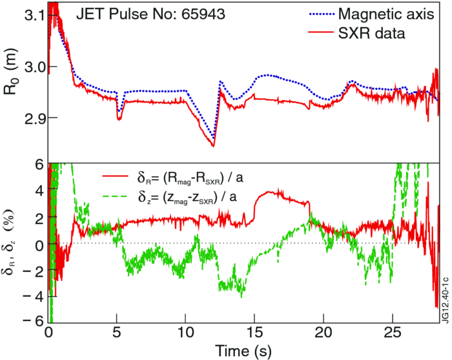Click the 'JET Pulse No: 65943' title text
pos(150,14)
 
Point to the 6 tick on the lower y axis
pos(39,166)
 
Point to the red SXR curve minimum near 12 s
pos(213,146)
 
